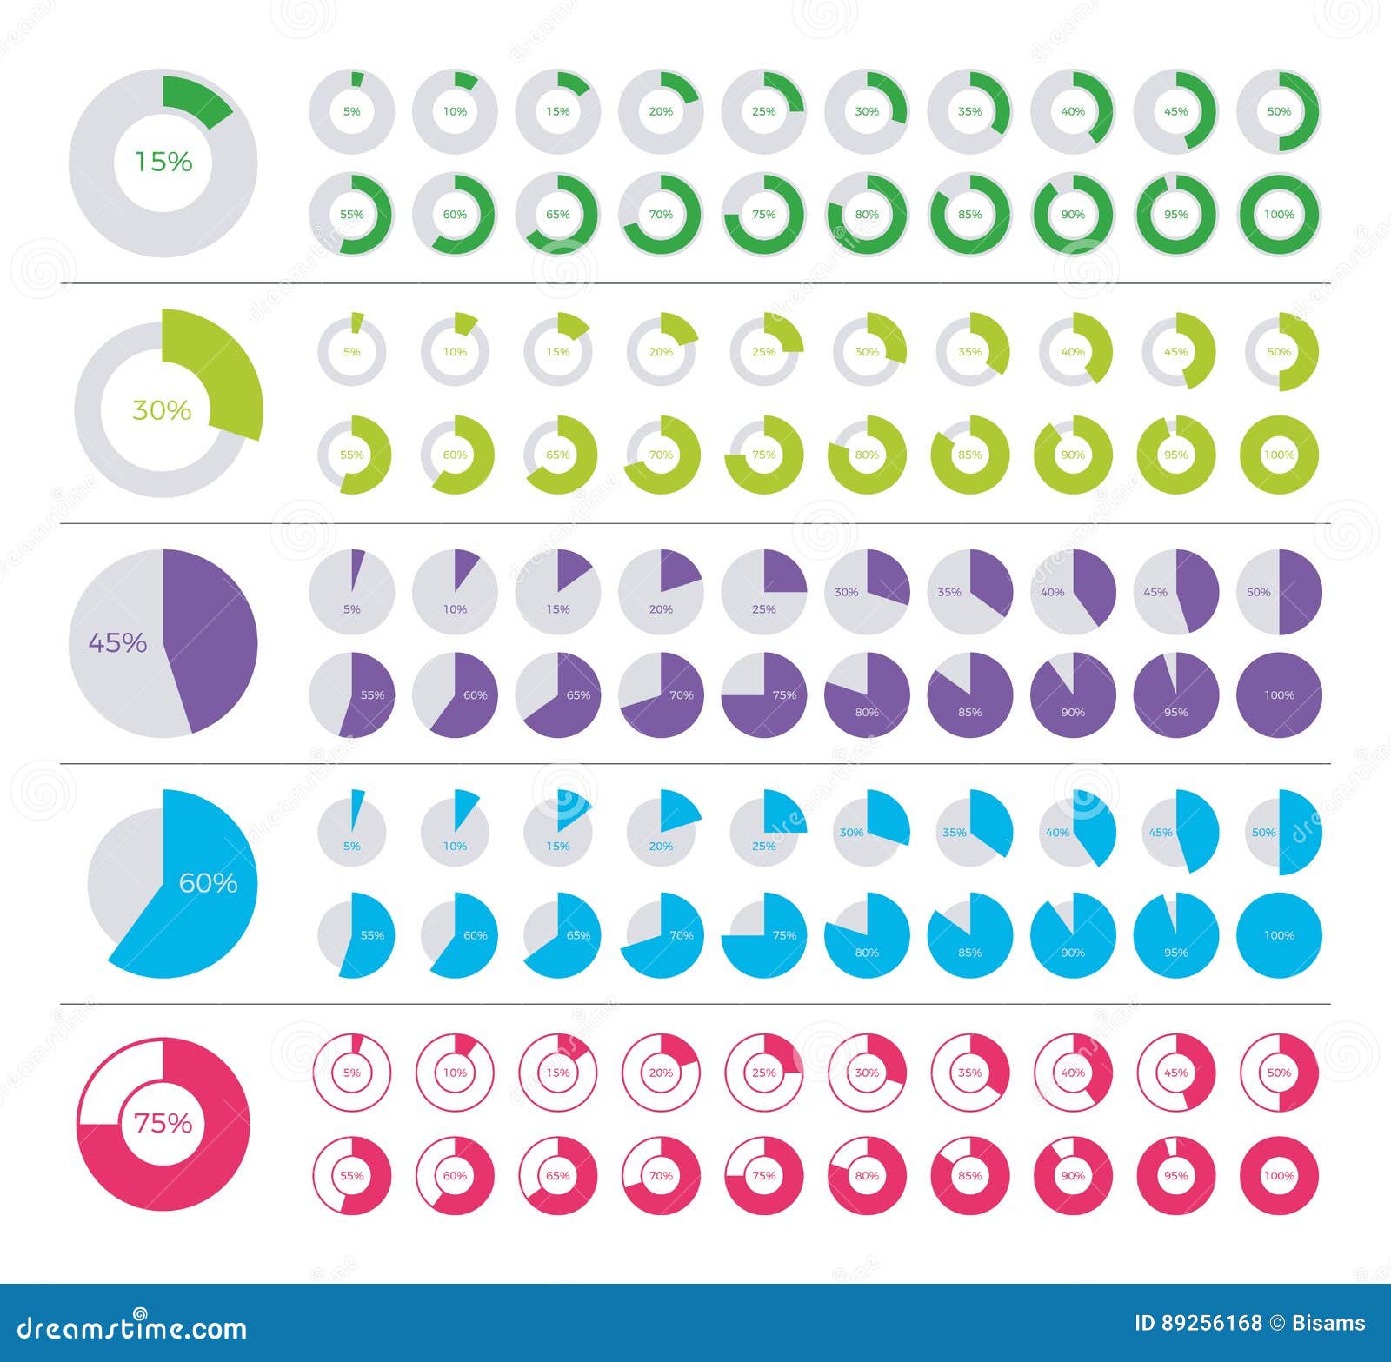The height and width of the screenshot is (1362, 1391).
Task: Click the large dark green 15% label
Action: click(163, 162)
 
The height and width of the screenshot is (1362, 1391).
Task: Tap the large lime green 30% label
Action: click(162, 409)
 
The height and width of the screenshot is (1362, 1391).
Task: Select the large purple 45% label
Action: click(117, 642)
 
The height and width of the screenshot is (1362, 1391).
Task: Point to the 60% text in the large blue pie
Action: click(208, 883)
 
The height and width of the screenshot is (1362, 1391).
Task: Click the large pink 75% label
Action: click(163, 1123)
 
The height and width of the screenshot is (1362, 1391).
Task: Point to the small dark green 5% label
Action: click(351, 111)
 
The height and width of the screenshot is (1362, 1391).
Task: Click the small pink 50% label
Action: click(1279, 1073)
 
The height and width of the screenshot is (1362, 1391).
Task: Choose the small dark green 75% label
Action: click(763, 215)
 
